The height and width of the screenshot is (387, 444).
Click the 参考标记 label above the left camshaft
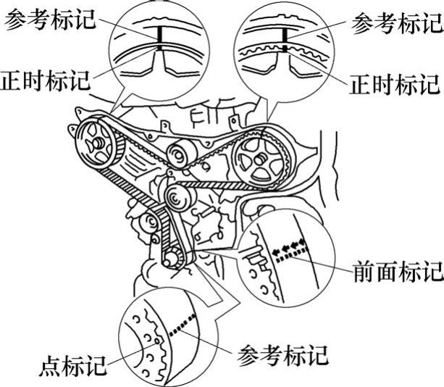50,21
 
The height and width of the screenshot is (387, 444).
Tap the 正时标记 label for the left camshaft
46,78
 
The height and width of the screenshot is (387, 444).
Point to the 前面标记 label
397,272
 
